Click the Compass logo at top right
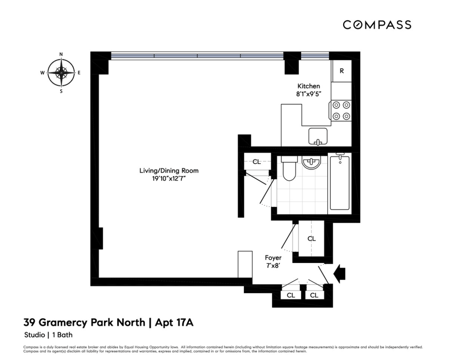(x=377, y=25)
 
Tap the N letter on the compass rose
(x=61, y=54)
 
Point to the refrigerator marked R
(x=342, y=71)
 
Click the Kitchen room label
(x=309, y=86)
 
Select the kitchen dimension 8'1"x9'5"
(x=309, y=94)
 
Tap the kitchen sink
(x=318, y=136)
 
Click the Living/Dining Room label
(x=169, y=171)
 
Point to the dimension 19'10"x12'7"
(x=169, y=179)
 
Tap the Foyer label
(x=273, y=258)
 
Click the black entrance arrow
(x=339, y=274)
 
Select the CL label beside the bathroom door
(x=257, y=162)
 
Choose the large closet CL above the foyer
(x=311, y=239)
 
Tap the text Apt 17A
(x=174, y=322)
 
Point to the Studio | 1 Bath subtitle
(x=48, y=335)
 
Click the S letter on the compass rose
(x=61, y=91)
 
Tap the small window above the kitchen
(x=315, y=56)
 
